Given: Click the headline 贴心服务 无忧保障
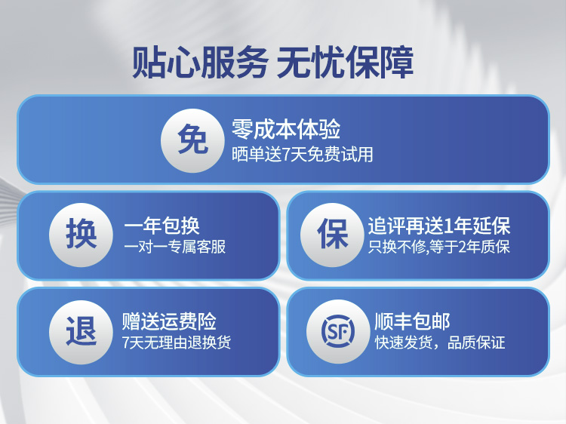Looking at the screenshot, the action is [272, 62].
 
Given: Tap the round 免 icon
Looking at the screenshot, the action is [192, 140].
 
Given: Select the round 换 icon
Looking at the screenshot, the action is [81, 235].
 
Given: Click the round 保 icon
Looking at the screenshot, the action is [332, 235].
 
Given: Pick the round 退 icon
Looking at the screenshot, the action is [81, 332].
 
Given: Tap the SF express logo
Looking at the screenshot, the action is [338, 331].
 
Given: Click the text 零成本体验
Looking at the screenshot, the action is [286, 130].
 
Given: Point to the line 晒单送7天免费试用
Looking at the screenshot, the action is [302, 155].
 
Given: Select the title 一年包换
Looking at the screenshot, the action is [161, 226].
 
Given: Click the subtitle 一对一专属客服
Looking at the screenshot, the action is [175, 247].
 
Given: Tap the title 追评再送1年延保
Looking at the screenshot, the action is [439, 226].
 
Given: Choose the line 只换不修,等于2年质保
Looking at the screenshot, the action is [439, 247].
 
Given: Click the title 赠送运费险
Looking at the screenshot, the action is [169, 321].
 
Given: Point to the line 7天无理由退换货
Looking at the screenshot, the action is [177, 343].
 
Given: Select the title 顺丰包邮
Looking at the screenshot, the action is [412, 321].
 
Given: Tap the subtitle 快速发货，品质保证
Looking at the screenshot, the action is [440, 343].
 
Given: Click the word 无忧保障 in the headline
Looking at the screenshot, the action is [345, 62].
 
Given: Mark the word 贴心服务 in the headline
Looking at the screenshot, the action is [200, 62].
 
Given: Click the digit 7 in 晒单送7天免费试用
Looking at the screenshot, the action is [285, 155].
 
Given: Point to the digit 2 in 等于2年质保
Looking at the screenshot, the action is [463, 247].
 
